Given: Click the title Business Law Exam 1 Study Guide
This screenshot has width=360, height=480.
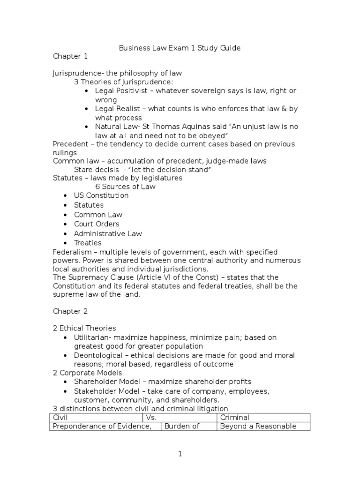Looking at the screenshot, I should pyautogui.click(x=180, y=48).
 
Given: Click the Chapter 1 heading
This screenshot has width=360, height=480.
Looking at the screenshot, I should pyautogui.click(x=70, y=57).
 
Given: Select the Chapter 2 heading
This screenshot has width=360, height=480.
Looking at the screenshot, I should pyautogui.click(x=70, y=311).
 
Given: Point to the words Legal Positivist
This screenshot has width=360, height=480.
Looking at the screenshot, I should pyautogui.click(x=123, y=90).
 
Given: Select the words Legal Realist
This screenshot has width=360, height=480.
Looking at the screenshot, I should pyautogui.click(x=120, y=109).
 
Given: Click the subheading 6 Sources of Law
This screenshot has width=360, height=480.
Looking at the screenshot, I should pyautogui.click(x=126, y=187).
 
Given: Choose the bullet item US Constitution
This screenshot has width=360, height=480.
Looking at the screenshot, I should pyautogui.click(x=101, y=195).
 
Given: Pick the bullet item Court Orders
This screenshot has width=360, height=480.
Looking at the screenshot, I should pyautogui.click(x=97, y=224).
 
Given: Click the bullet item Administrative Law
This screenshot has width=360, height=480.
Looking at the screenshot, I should pyautogui.click(x=108, y=233).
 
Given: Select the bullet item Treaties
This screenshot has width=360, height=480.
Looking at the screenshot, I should pyautogui.click(x=88, y=243).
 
